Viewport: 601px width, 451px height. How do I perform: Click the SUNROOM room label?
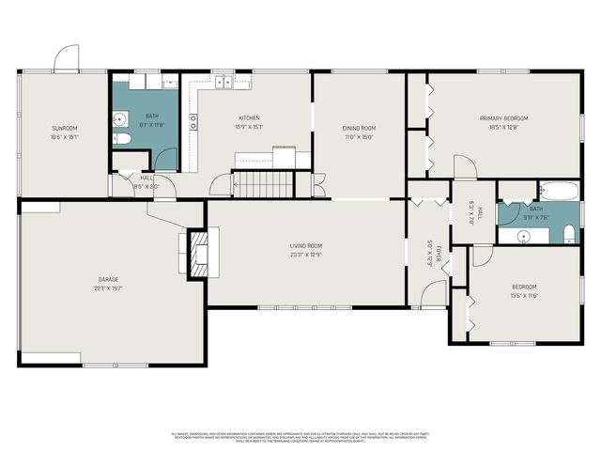(64, 128)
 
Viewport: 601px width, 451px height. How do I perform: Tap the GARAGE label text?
(110, 279)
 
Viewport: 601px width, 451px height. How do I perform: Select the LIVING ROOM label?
(306, 245)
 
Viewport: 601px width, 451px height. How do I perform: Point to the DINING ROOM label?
(359, 128)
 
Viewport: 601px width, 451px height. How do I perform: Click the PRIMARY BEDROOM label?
(504, 118)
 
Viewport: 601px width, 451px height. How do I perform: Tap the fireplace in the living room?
(198, 254)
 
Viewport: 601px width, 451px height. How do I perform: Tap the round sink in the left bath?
(121, 119)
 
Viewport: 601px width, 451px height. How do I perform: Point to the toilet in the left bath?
(121, 139)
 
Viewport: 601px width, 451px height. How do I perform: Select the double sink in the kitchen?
(224, 83)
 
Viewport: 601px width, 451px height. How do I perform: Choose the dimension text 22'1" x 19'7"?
(110, 288)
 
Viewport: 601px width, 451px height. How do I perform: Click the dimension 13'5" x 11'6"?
(524, 295)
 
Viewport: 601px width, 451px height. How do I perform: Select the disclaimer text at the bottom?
(300, 438)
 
